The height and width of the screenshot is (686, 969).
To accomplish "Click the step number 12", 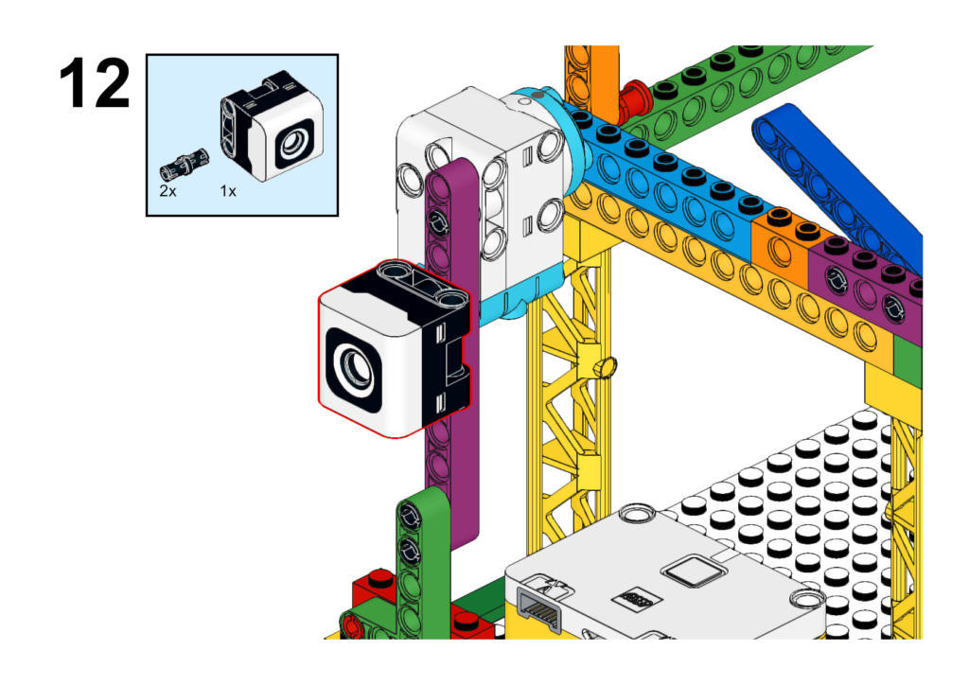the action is (x=95, y=83).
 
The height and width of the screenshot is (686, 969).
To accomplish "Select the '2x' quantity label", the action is (x=167, y=191).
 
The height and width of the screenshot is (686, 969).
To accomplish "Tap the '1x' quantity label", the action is (x=228, y=191).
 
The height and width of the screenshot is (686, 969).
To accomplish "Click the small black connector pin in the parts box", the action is (x=185, y=164).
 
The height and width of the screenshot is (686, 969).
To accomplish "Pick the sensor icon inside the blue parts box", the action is (x=272, y=126).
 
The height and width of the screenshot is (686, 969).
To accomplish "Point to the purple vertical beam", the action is (x=452, y=346).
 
